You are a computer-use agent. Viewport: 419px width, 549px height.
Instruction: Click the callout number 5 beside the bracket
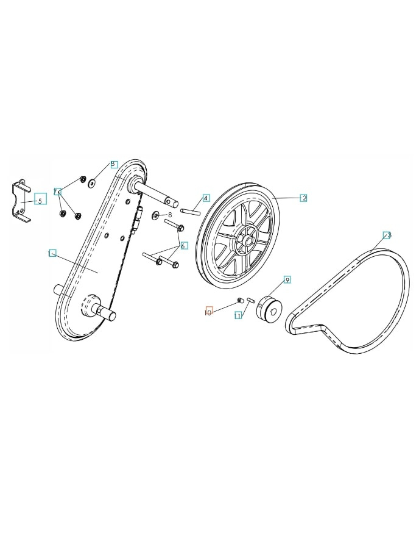coord(40,201)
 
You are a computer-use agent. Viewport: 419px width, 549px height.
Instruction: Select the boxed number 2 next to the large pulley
coord(303,198)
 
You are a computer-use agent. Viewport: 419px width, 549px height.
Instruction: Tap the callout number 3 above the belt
coord(387,235)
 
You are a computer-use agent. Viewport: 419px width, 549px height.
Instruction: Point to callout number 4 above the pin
coord(206,198)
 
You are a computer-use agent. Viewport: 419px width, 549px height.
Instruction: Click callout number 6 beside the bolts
coord(184,246)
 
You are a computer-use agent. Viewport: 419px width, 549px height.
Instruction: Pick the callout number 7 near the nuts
coord(57,192)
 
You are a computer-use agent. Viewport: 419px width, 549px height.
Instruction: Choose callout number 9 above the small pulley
coord(287,279)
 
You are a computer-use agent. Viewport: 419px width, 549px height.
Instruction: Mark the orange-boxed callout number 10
coord(208,312)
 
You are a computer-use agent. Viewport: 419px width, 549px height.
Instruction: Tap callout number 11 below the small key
coord(238,315)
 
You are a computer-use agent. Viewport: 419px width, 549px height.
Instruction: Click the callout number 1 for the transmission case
coord(52,253)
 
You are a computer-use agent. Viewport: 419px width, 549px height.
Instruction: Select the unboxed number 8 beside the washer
coord(170,215)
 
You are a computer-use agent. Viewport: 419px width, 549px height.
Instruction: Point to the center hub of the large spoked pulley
coord(248,240)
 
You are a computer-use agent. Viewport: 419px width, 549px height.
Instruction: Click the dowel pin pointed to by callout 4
coord(190,212)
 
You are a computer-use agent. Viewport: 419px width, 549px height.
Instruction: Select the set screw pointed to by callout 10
coord(240,300)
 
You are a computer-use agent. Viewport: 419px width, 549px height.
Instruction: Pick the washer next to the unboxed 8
coord(156,214)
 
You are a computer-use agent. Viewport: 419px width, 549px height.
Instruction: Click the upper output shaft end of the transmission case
coord(171,199)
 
